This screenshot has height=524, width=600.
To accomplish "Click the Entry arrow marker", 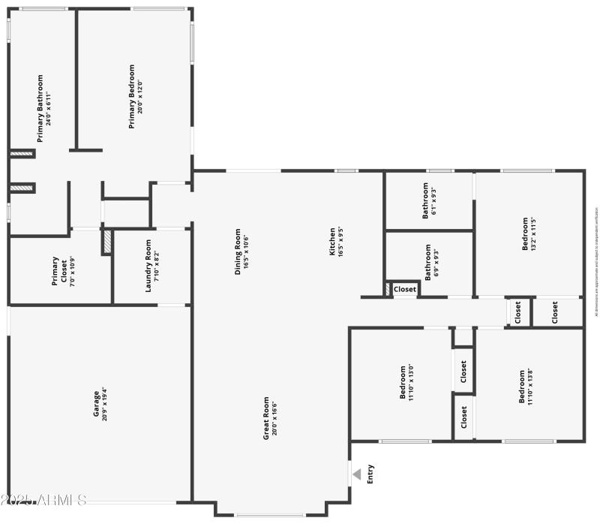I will click(357, 474).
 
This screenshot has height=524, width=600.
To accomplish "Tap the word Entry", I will click(370, 474).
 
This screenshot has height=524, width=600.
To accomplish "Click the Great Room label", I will click(270, 417).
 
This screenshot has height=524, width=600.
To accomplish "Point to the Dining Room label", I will click(241, 252).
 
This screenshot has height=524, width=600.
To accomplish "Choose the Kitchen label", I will click(337, 242).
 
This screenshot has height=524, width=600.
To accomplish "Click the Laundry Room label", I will click(153, 266).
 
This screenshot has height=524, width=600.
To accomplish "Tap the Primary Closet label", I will click(59, 272).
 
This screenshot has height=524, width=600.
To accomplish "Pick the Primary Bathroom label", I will click(44, 108).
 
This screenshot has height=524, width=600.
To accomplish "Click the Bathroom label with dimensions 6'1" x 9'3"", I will click(429, 200).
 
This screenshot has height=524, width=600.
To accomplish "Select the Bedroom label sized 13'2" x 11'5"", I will click(529, 234).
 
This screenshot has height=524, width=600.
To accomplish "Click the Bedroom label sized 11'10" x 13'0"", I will click(407, 383).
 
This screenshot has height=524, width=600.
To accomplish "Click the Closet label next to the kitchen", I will click(405, 289).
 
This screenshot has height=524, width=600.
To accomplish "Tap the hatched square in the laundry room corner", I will click(107, 242).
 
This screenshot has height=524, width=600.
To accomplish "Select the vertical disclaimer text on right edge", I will click(596, 260).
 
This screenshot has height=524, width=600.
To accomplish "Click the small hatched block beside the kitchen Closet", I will click(388, 288).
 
